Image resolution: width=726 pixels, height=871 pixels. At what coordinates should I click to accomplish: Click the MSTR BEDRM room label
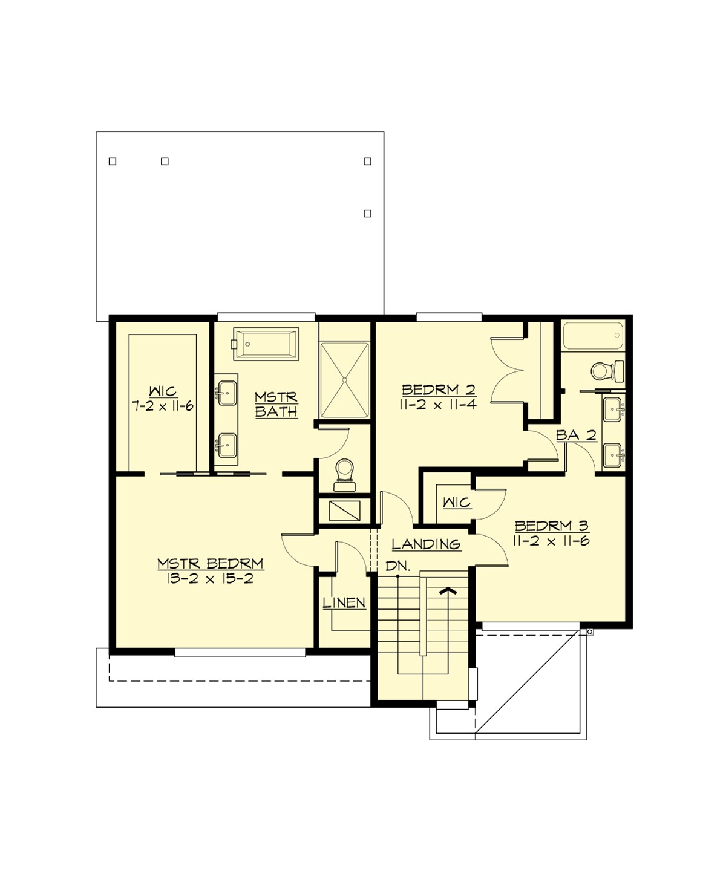(211, 564)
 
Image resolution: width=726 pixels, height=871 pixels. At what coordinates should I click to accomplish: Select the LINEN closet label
(344, 603)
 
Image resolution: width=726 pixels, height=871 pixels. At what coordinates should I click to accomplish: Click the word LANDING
(426, 544)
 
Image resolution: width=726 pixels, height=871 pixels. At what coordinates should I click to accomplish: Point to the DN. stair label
(398, 567)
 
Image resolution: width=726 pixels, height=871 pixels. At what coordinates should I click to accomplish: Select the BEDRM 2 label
(439, 390)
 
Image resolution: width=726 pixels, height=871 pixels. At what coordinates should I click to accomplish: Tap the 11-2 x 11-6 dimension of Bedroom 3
(551, 541)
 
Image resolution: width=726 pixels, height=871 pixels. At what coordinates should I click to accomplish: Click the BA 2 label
(576, 435)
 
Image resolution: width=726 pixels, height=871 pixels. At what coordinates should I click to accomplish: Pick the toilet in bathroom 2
(606, 370)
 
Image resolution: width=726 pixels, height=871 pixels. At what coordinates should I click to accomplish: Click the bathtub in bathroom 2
(592, 336)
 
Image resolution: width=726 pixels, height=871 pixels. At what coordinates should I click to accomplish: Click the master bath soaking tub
(267, 344)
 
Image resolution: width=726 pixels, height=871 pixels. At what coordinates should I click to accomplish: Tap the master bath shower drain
(344, 380)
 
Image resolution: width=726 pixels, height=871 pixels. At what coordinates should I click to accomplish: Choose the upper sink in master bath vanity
(226, 393)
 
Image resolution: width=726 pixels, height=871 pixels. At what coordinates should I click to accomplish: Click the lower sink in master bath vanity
(226, 446)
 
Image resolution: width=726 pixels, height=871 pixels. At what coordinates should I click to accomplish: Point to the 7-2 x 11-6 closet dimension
(163, 406)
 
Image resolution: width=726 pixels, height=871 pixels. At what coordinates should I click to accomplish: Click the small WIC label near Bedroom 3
(457, 503)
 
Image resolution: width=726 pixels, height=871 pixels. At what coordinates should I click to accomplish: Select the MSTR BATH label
(276, 405)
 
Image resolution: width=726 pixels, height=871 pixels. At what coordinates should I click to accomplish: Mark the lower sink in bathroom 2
(612, 455)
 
